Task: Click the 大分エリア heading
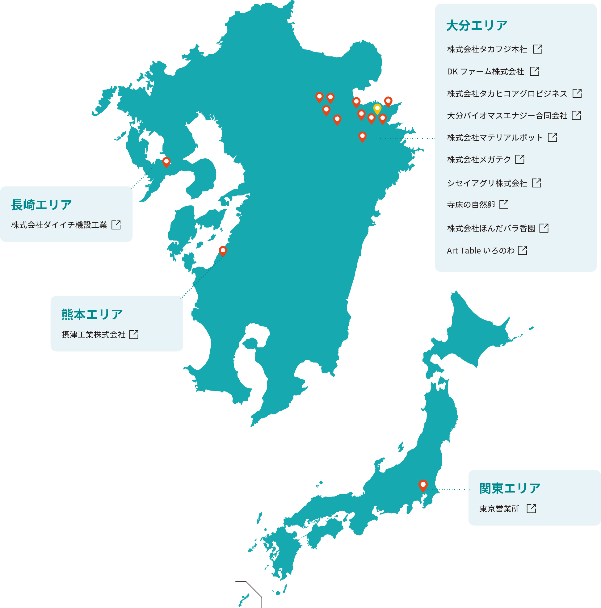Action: click(x=476, y=26)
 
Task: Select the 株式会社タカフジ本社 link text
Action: click(x=487, y=49)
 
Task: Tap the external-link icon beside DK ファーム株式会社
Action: click(x=534, y=71)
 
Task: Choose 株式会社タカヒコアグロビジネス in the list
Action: click(x=507, y=94)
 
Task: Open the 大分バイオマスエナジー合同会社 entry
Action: click(x=507, y=115)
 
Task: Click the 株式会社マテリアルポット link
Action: click(x=494, y=137)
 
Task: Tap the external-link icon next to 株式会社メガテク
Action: click(x=519, y=159)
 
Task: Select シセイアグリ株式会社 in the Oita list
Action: click(x=487, y=183)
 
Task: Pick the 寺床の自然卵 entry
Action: click(x=471, y=204)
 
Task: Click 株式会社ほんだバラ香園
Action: click(x=491, y=228)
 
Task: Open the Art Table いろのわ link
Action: click(x=481, y=250)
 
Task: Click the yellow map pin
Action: click(x=377, y=109)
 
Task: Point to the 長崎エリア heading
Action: click(x=42, y=205)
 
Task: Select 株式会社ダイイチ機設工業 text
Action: click(x=59, y=225)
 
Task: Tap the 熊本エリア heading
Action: click(x=92, y=314)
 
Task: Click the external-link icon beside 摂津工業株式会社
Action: click(x=134, y=334)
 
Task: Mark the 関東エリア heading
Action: click(x=510, y=488)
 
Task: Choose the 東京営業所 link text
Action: click(x=499, y=509)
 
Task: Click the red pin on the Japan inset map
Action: click(x=423, y=485)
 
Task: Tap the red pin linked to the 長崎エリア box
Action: click(x=166, y=162)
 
